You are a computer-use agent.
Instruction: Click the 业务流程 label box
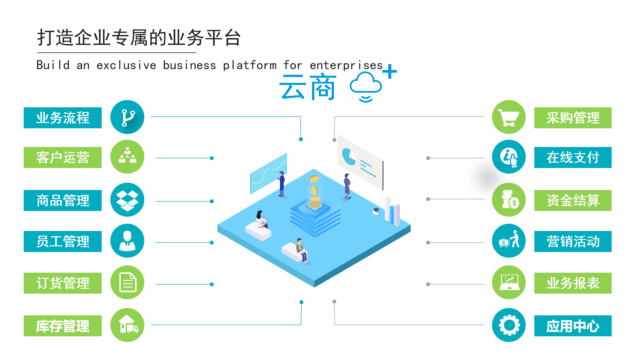click(63, 118)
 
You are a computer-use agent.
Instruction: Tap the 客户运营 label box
click(63, 157)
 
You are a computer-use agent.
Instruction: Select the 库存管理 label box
click(63, 326)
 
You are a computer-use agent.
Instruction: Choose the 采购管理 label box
click(573, 118)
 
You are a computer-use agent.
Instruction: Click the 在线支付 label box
click(573, 157)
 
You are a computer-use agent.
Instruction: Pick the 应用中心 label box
click(573, 326)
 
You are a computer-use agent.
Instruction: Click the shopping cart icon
click(508, 117)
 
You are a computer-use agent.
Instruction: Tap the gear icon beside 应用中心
click(509, 325)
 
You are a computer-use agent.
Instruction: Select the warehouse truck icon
click(127, 325)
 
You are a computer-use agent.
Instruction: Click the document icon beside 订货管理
click(127, 282)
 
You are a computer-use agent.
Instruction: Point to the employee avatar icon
click(127, 241)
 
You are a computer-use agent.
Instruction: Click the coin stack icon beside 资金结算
click(509, 199)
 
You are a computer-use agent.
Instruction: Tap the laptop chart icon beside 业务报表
click(509, 282)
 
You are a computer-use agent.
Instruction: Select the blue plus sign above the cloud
click(390, 71)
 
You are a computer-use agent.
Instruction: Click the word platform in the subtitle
click(249, 65)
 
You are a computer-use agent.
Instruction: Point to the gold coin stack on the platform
click(315, 202)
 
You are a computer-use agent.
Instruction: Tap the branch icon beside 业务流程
click(127, 117)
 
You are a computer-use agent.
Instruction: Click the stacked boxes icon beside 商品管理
click(127, 200)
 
